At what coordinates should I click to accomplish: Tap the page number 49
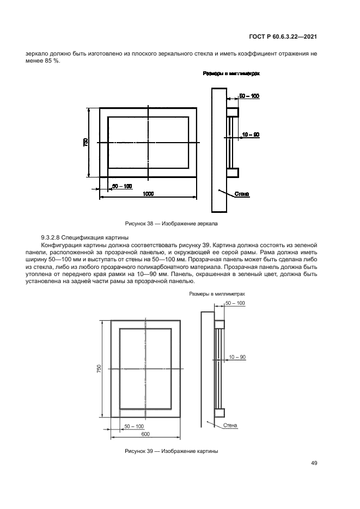coord(314,463)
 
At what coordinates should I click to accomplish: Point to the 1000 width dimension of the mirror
coord(148,193)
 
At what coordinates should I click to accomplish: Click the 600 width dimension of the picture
coord(145,434)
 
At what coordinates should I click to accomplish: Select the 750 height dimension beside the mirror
coord(86,142)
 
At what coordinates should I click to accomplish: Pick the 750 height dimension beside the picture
coord(99,369)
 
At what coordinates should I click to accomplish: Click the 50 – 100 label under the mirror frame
coord(122,186)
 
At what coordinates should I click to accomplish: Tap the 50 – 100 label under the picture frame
coord(134,426)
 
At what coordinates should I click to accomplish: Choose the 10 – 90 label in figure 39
coord(237,357)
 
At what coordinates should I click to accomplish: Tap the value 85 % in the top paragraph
coord(53,60)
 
